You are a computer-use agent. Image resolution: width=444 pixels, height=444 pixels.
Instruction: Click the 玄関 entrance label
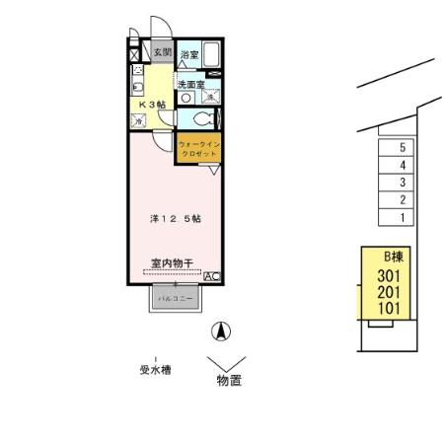click(x=162, y=52)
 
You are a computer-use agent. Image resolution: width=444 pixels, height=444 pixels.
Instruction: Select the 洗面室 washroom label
click(x=191, y=86)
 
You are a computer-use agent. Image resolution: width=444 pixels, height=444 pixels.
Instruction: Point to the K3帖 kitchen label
click(x=151, y=104)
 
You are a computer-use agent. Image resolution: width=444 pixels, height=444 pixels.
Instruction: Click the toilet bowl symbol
click(x=201, y=119)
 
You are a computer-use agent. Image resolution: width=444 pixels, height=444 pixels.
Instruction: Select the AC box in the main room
click(x=211, y=278)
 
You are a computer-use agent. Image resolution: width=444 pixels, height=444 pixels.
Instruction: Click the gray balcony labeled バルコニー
click(x=173, y=297)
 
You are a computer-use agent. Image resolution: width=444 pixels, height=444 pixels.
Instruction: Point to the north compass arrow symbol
click(x=223, y=331)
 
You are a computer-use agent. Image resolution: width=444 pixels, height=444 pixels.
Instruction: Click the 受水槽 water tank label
click(x=155, y=370)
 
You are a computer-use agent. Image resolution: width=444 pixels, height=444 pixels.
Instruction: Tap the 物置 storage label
click(x=229, y=380)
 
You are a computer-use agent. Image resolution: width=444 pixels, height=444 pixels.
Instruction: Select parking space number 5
click(x=403, y=148)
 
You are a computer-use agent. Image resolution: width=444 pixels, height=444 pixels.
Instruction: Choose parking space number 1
click(x=403, y=216)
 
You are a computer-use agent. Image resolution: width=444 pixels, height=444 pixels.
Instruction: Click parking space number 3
click(x=403, y=183)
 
